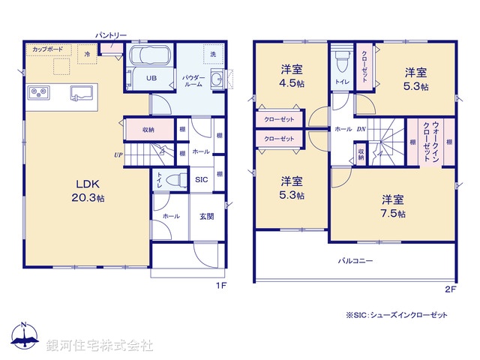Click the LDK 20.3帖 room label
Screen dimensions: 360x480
click(88, 190)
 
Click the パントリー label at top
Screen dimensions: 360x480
click(111, 34)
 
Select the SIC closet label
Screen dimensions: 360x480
click(201, 180)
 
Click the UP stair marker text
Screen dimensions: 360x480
click(118, 155)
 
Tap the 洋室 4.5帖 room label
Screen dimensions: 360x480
click(292, 76)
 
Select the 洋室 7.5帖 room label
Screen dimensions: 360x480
click(392, 206)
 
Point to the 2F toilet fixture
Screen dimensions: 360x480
click(341, 60)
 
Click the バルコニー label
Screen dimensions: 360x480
click(354, 260)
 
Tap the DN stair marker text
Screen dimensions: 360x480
click(361, 129)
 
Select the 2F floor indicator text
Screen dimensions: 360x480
click(450, 289)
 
